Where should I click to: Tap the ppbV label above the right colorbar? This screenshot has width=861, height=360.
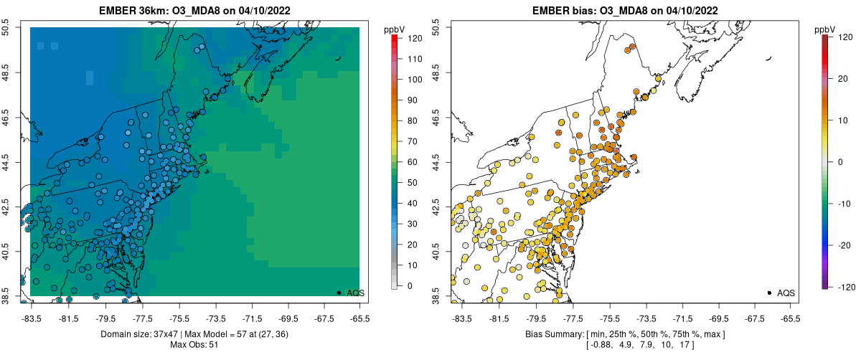(x=826, y=29)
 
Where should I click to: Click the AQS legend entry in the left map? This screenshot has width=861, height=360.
(x=357, y=293)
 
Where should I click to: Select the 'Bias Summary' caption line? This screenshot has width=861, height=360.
(x=626, y=334)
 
